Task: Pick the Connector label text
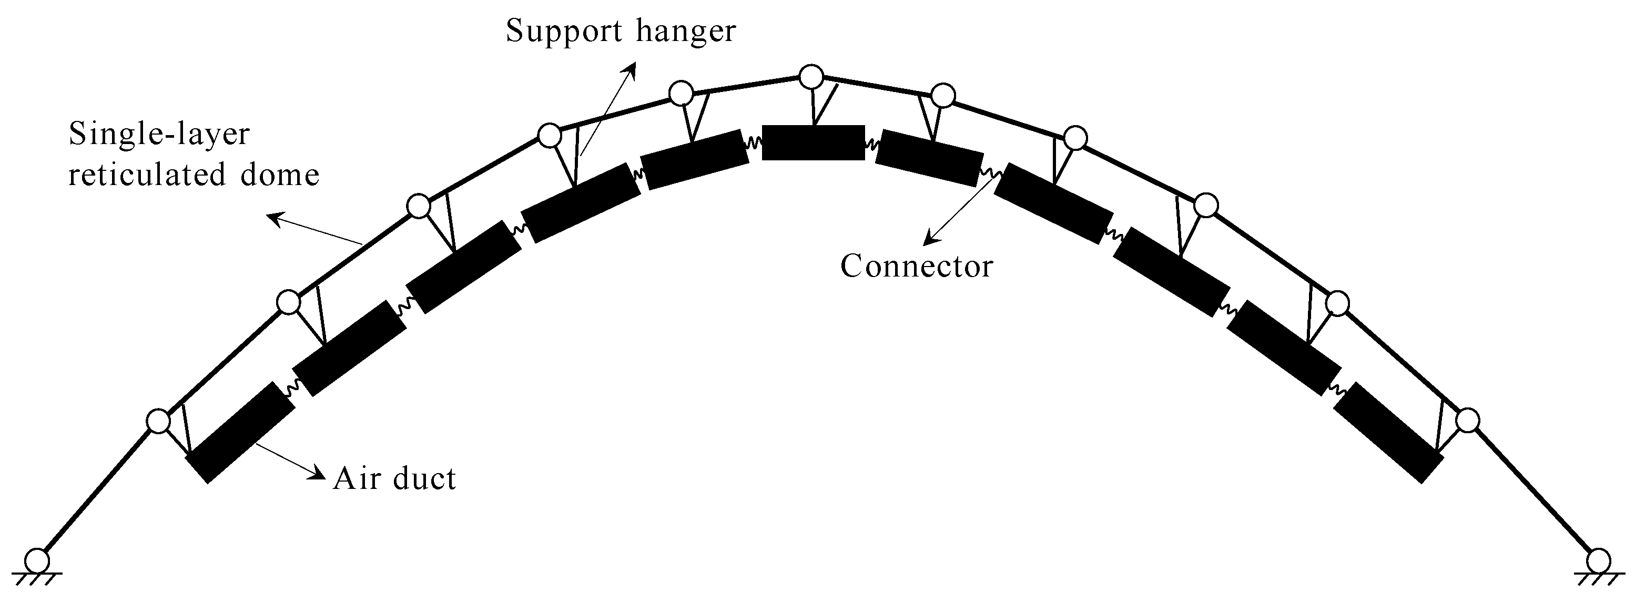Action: tap(916, 266)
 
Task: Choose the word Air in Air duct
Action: tap(354, 478)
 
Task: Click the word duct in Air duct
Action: tap(425, 478)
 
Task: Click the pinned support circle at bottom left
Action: tap(37, 560)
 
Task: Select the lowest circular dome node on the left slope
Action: tap(158, 421)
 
